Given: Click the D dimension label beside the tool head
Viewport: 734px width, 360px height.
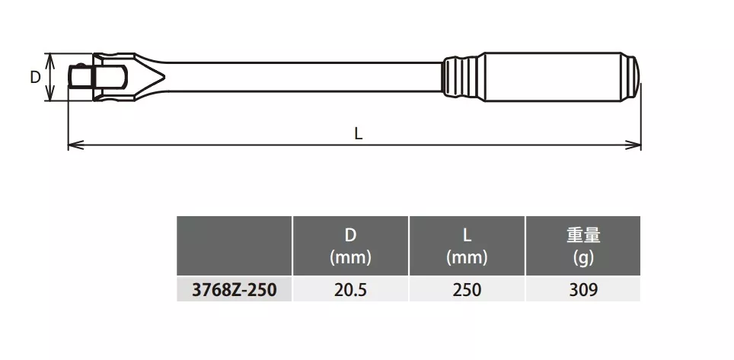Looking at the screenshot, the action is coord(35,77).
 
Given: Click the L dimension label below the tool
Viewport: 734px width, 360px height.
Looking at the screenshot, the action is coord(358,135).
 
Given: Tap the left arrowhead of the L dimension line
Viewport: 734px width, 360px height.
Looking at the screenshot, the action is coord(75,145).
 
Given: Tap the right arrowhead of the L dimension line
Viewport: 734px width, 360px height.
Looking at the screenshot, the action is coord(633,145).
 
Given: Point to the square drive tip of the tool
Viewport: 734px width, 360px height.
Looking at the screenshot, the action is coord(80,76).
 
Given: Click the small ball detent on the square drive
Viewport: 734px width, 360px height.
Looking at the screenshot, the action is coord(81,65).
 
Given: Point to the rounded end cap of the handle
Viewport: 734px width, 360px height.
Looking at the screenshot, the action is coord(630,77).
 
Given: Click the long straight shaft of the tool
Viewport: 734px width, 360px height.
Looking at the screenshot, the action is coord(305,77).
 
